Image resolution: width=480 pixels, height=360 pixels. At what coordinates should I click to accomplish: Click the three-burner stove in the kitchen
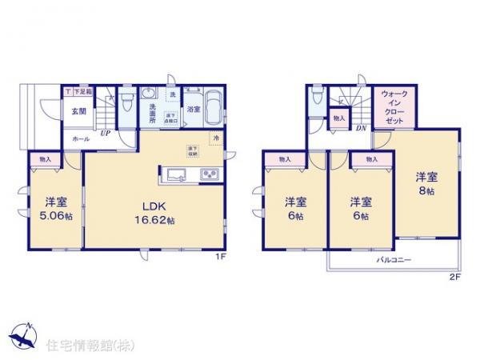click(x=210, y=173)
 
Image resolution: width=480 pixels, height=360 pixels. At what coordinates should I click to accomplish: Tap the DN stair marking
click(x=361, y=127)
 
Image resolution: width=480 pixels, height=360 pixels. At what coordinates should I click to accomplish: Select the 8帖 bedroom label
click(x=426, y=184)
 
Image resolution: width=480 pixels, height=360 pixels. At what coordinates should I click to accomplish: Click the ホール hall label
click(x=82, y=138)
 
